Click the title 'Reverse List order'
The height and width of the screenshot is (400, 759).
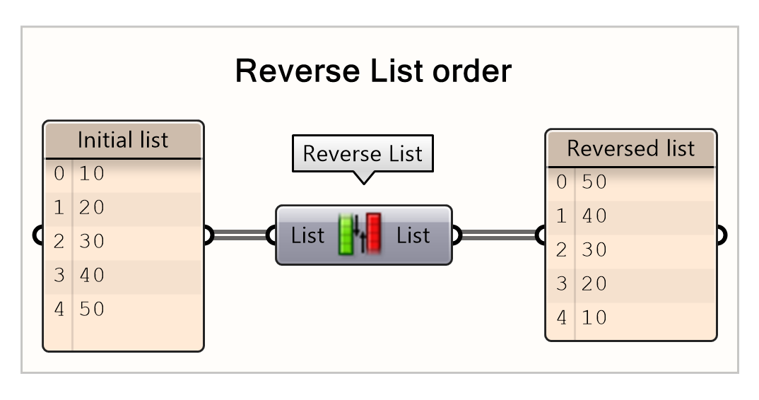coord(372,71)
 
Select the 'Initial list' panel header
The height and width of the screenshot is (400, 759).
coord(123,139)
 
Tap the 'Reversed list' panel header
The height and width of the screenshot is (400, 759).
coord(630,148)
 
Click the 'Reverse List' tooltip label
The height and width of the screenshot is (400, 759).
coord(363,153)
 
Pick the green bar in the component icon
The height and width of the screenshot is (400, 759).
coord(346,235)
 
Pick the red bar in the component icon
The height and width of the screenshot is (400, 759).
coord(373,234)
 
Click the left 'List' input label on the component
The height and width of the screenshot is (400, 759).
coord(307,235)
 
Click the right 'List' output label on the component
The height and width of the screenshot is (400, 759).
coord(413,235)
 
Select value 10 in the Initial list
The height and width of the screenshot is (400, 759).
coord(92,173)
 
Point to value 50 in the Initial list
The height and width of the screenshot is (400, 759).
coord(92,309)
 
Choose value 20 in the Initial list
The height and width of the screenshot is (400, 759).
coord(92,207)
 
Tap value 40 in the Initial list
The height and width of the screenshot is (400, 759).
coord(92,275)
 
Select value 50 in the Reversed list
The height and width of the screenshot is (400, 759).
coord(594,182)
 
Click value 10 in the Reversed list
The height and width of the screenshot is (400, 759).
coord(594,317)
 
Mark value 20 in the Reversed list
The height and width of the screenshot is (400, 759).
coord(594,283)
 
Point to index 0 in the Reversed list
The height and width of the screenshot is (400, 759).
coord(562,182)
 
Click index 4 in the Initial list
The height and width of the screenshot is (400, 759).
coord(59,309)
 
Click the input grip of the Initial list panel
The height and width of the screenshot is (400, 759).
coord(40,235)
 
